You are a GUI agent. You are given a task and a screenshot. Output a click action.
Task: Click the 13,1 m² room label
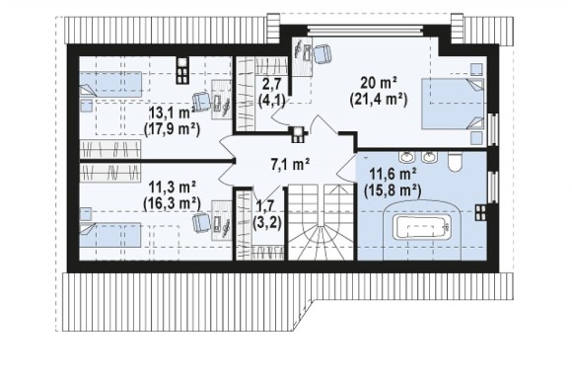[x=171, y=113]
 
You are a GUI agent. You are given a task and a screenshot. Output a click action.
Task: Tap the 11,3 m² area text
[x=173, y=188]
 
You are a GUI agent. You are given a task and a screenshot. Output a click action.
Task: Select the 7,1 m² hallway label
[x=290, y=164]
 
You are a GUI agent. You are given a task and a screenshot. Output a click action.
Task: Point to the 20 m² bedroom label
[x=379, y=83]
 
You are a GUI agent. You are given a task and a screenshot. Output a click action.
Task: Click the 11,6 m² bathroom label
[x=393, y=174]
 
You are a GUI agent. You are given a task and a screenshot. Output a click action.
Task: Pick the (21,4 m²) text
[x=379, y=100]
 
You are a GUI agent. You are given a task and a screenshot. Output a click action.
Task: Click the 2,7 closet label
[x=272, y=84]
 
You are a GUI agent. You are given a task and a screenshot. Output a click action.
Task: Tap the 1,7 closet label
[x=265, y=206]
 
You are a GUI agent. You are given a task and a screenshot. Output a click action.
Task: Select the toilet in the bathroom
[x=455, y=162]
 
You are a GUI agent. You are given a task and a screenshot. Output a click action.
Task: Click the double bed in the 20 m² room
[x=453, y=104]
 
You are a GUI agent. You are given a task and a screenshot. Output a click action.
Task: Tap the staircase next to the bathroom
[x=321, y=222]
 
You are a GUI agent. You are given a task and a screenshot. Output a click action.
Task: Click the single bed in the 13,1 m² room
[x=110, y=84]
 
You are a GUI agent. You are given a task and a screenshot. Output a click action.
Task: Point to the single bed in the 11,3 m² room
[x=110, y=235]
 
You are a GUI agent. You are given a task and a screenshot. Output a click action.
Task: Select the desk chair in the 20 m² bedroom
[x=322, y=54]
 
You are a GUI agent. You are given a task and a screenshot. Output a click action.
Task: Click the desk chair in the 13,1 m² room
[x=202, y=102]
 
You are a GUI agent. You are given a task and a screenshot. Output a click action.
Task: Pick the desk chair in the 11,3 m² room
[x=202, y=222]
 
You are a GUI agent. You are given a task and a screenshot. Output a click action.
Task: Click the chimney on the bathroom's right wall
[x=480, y=212]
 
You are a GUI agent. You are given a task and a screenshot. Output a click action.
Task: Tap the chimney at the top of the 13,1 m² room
[x=182, y=70]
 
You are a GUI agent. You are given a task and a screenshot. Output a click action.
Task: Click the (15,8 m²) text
[x=393, y=190]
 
